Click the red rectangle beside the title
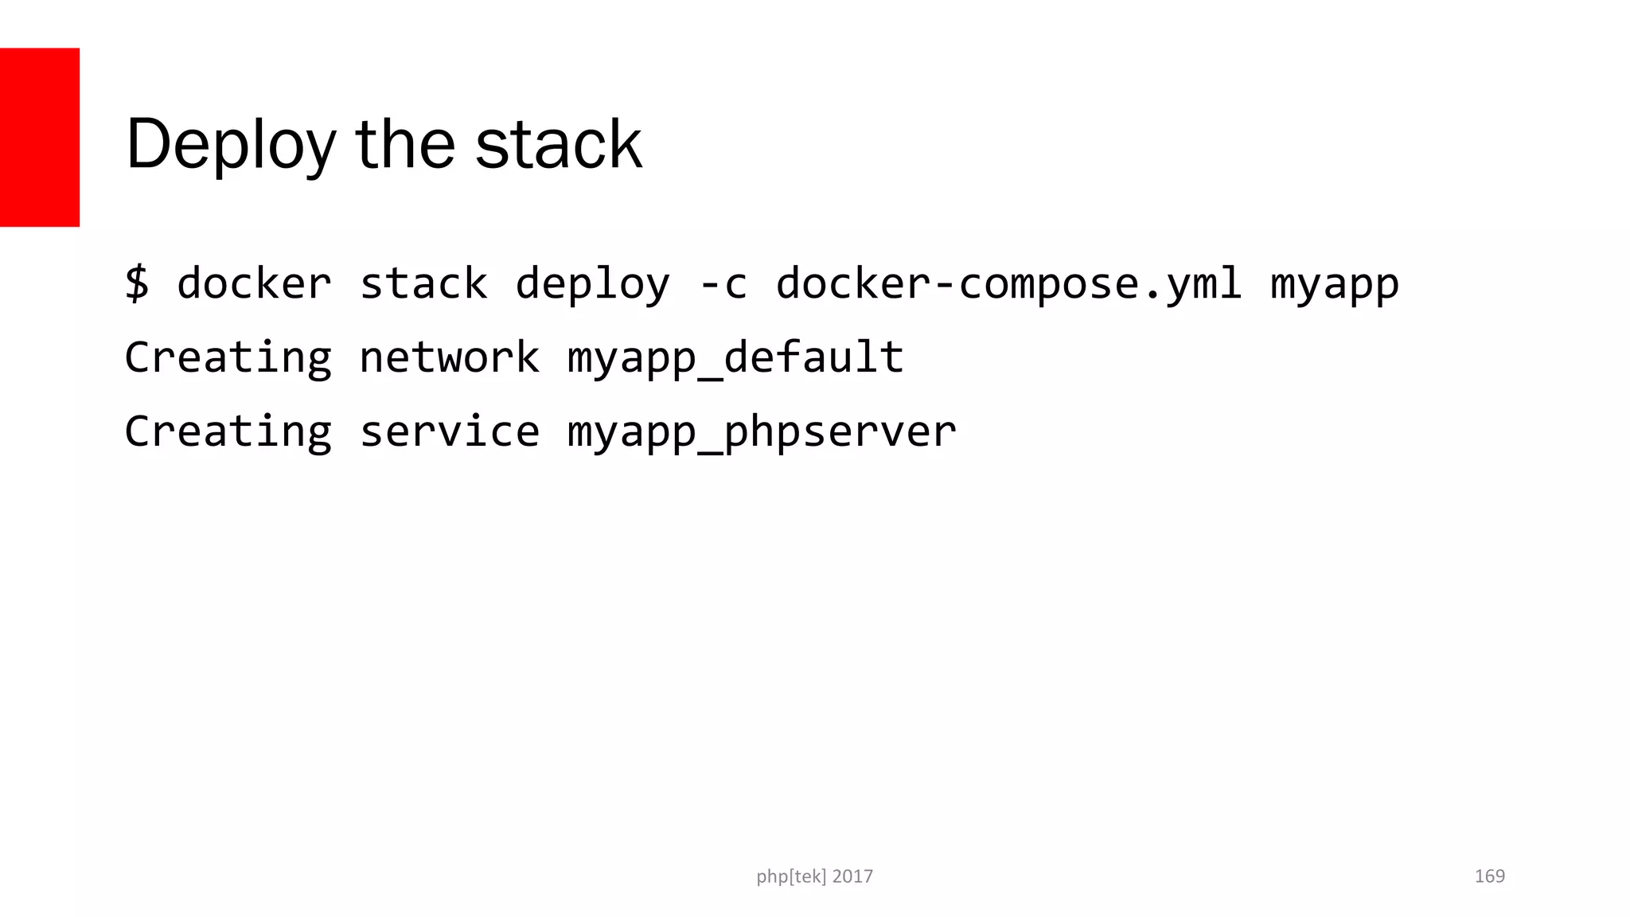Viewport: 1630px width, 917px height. click(x=39, y=137)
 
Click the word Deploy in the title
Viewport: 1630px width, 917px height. click(x=231, y=144)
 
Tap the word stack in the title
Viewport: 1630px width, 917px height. click(x=558, y=144)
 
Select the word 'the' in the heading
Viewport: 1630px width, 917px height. click(x=405, y=144)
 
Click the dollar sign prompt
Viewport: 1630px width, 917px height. click(x=137, y=283)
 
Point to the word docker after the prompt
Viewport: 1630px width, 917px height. click(x=254, y=283)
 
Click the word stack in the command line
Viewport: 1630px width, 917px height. click(x=423, y=283)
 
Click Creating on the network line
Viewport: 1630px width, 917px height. click(x=228, y=358)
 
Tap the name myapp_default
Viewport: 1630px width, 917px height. click(x=735, y=358)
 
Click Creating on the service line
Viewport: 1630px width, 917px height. click(x=228, y=432)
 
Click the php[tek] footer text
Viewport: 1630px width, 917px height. click(x=791, y=876)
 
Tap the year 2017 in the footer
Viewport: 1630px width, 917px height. click(x=852, y=876)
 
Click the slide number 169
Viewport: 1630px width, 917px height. click(x=1489, y=876)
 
